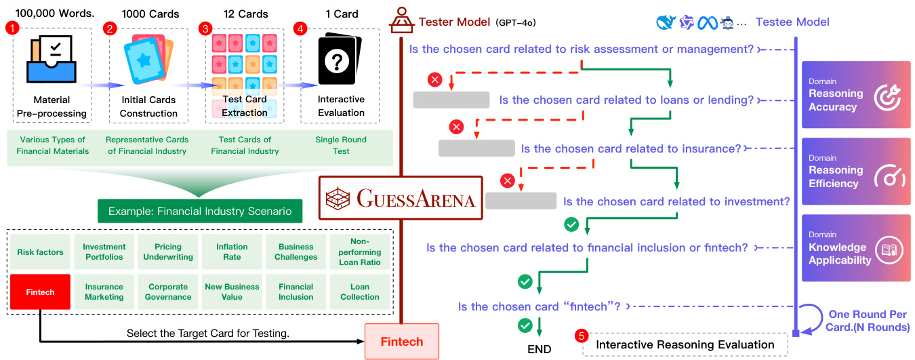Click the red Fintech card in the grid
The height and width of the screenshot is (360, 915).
[41, 292]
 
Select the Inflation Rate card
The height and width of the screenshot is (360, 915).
[232, 252]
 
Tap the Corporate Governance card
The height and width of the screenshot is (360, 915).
[168, 292]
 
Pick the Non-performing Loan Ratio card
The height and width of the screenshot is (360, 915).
[360, 252]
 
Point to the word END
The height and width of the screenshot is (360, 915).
[540, 349]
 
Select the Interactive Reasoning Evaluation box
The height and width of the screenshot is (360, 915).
[685, 344]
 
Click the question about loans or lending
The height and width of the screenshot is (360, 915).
[626, 100]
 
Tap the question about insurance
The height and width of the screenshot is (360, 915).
[631, 148]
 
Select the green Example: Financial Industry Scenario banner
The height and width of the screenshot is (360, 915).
[199, 211]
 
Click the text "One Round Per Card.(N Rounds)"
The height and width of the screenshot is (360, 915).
[868, 321]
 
